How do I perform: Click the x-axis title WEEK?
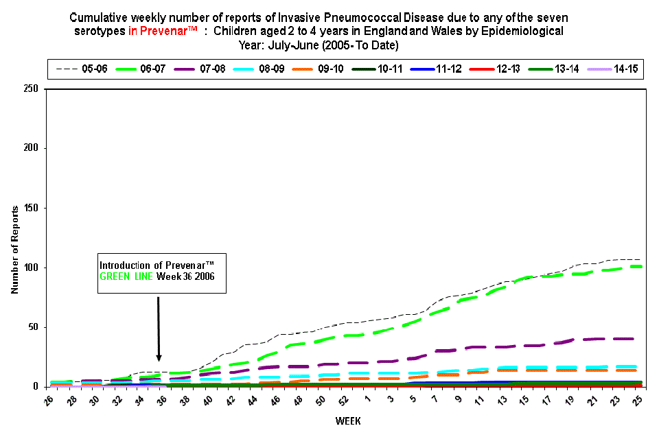[x=345, y=420]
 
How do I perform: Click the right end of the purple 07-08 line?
[x=632, y=339]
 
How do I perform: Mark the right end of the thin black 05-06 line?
[x=640, y=260]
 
